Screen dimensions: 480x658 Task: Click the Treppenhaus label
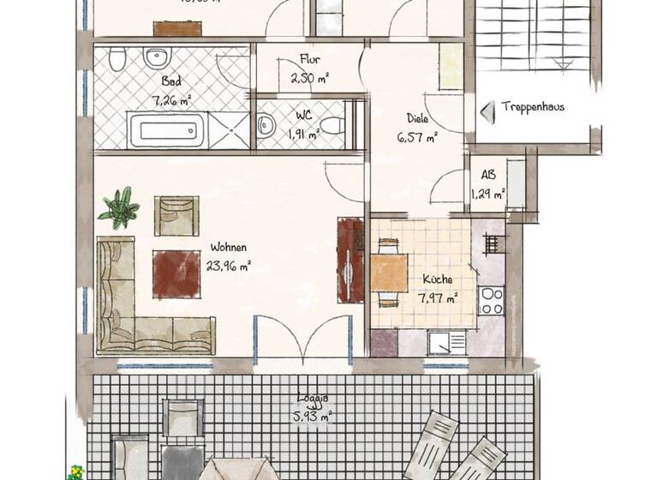pos(533,108)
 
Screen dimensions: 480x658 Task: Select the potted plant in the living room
pos(120,207)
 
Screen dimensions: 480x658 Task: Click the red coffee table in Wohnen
pos(176,273)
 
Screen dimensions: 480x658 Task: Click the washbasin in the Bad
pos(157,59)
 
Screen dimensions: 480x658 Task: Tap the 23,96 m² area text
pos(228,266)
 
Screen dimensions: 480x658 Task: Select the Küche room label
pos(437,279)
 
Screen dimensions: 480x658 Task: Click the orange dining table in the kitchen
pos(389,273)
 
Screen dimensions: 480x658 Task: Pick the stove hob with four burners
pos(492,301)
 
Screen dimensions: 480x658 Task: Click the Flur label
pos(309,60)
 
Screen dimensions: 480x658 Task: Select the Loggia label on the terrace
pos(314,399)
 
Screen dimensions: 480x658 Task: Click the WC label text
pos(304,113)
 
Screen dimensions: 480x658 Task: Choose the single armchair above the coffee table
pos(176,216)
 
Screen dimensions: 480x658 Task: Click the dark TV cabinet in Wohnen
pos(350,260)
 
